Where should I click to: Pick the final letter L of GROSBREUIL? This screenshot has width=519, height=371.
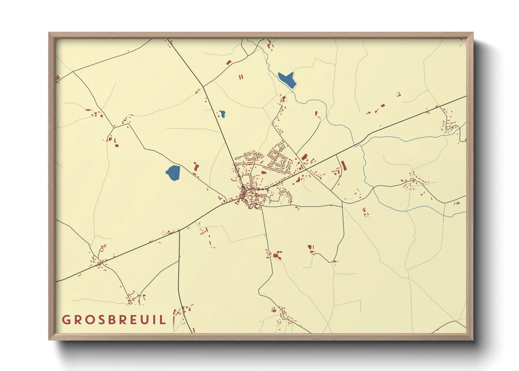162,320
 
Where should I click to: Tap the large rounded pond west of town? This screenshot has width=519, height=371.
173,173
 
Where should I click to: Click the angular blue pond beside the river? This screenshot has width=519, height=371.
287,80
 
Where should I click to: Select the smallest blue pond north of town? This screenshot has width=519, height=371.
222,114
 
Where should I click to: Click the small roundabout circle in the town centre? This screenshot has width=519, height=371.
262,189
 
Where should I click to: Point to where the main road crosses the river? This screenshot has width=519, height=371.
356,144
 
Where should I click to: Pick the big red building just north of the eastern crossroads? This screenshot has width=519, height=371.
304,157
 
